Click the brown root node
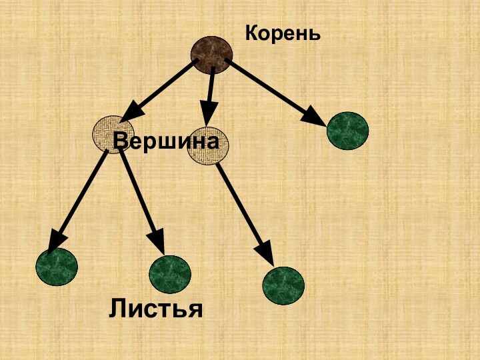tap(212, 53)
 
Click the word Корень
tap(283, 32)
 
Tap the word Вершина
tap(166, 141)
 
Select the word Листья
tap(156, 308)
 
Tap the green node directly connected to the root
tap(347, 131)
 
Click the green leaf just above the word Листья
tap(170, 275)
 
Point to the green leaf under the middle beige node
tap(283, 285)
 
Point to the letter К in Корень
tap(252, 32)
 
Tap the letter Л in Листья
tap(119, 308)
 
